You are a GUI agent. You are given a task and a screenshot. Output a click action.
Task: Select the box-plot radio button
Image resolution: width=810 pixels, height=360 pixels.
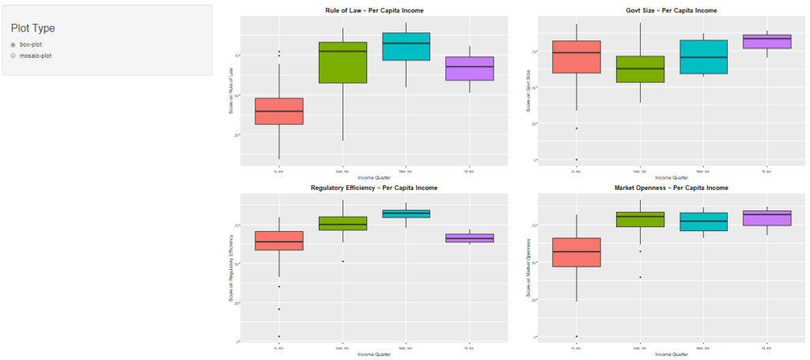[13, 45]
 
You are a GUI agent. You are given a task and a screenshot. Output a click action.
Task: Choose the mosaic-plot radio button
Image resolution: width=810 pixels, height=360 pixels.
[13, 56]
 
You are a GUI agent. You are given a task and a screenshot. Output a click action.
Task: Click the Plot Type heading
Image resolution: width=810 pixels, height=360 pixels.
[33, 28]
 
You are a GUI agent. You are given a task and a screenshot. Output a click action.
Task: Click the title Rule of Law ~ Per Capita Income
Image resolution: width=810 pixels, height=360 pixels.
[374, 10]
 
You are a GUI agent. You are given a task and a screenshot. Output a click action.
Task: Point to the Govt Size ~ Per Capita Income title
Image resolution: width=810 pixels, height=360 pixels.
[671, 10]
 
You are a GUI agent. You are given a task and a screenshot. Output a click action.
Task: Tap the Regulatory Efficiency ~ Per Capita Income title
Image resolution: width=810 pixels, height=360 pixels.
[374, 188]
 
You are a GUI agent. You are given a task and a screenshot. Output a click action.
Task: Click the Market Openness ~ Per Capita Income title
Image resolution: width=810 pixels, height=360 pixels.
[671, 188]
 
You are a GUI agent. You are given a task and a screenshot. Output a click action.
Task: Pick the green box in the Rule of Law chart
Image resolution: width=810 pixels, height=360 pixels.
[342, 63]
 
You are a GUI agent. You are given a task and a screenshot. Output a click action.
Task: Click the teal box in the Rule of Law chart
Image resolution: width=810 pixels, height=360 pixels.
[406, 47]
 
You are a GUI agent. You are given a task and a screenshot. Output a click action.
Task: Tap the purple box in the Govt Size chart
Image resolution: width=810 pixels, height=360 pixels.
[767, 42]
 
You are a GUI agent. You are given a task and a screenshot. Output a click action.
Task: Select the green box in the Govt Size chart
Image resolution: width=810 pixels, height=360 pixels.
[639, 69]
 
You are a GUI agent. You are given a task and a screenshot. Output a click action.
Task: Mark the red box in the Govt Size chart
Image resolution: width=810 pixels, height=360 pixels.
[576, 57]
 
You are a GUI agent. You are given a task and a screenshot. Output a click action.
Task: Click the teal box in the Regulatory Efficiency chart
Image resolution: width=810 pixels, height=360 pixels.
[406, 214]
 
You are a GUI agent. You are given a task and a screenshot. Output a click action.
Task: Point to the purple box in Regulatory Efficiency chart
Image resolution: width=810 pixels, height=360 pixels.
[470, 238]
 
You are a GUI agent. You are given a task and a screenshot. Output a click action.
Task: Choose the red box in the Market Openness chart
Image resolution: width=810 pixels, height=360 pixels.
[576, 252]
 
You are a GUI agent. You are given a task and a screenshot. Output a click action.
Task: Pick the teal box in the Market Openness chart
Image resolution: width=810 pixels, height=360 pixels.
[703, 222]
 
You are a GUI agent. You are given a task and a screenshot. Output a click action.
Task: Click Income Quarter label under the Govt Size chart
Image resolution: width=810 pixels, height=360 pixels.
[671, 177]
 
